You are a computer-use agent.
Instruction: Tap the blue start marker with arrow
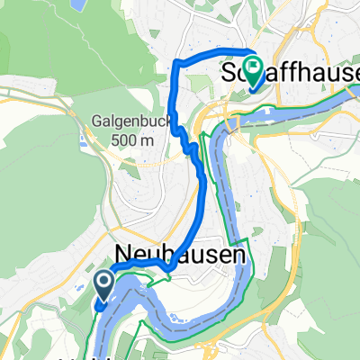point(103,285)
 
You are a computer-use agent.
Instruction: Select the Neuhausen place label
point(180,256)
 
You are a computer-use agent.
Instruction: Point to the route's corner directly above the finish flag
point(249,49)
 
